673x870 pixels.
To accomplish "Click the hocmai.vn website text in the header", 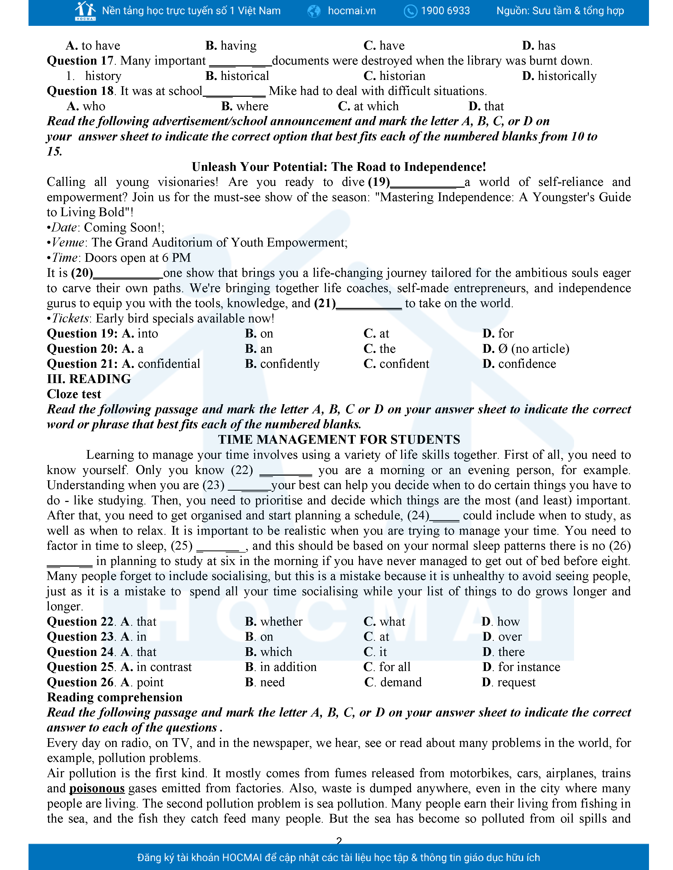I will tap(351, 11).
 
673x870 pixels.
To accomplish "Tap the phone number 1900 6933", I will tap(445, 11).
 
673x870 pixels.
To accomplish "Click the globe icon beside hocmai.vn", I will tap(314, 11).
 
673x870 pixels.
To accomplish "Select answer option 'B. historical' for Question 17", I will tap(237, 76).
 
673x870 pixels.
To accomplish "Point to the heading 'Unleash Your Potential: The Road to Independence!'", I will tap(339, 167).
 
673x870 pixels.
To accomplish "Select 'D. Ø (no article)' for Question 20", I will tap(525, 349).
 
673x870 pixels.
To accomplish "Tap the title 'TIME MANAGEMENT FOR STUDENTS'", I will tap(339, 439).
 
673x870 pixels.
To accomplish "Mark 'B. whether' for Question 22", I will tap(273, 622).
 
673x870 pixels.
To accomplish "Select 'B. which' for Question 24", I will tap(268, 652).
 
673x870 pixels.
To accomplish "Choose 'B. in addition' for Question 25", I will tap(281, 667).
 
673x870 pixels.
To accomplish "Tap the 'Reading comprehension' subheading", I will tap(115, 698).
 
